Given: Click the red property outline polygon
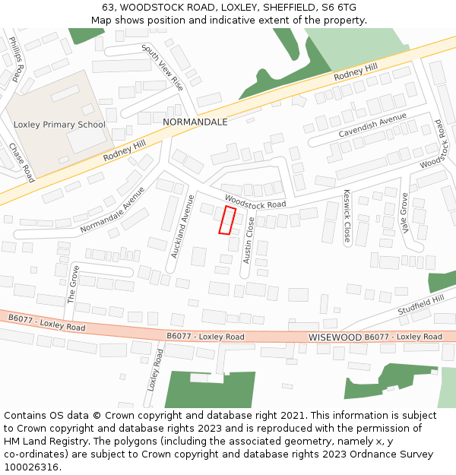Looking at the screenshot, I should pos(227,220).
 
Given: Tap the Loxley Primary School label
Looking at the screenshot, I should pos(59,125).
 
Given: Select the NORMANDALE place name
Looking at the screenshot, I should pos(195,122).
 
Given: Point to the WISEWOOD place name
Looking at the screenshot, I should pos(334,336).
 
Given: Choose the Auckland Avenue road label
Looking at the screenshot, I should pos(183,226).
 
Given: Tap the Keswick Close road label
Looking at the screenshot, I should pos(347,216).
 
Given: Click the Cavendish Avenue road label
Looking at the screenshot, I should pos(372,125).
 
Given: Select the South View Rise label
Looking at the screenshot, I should pos(163,67).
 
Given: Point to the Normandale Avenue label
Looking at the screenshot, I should pos(112,211).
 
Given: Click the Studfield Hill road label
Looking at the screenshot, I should pos(420,307).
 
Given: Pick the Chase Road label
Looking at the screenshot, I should pos(22,162).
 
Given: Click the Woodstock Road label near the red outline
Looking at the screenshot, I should pos(255,200).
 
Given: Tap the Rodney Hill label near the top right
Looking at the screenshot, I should pos(355,74).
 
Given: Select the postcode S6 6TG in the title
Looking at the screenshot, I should pos(339,8).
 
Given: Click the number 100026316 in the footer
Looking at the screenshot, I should pos(33,467).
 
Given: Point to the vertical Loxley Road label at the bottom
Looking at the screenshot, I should pos(156,369).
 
